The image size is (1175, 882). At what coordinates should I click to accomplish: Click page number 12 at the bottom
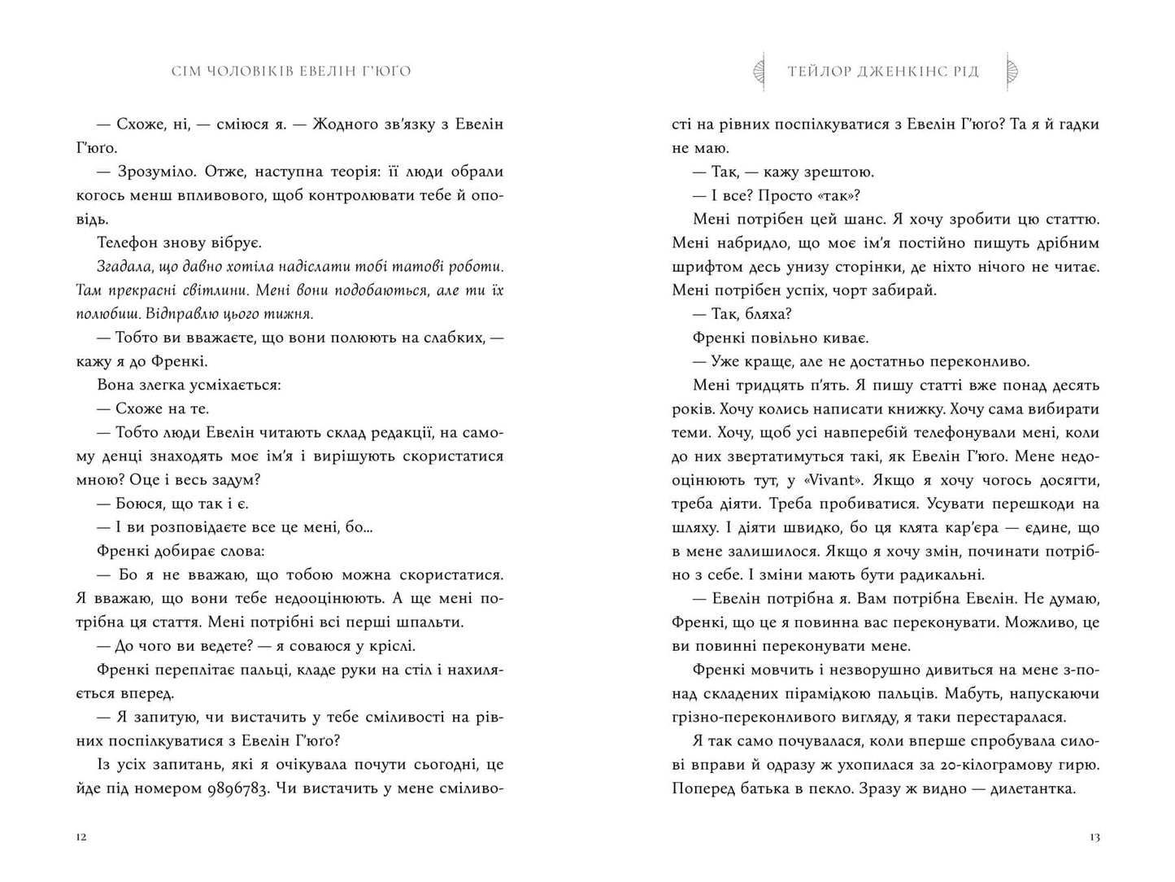[x=80, y=837]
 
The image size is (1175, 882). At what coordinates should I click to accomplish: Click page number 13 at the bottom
[x=1094, y=837]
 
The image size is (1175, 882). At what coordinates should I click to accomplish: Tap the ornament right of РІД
[x=1013, y=72]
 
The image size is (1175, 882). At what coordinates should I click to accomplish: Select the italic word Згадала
[x=124, y=267]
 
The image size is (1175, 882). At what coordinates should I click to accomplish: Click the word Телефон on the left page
[x=124, y=242]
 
